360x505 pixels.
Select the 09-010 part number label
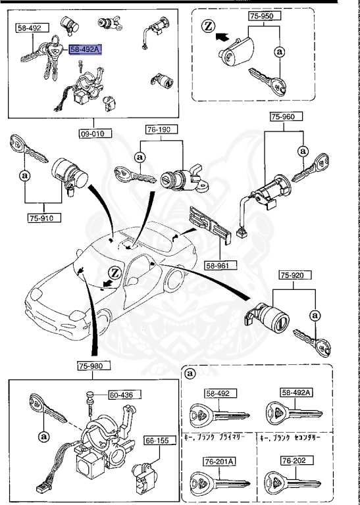[x=93, y=133]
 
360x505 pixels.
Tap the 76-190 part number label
[x=159, y=130]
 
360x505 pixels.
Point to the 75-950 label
[x=262, y=14]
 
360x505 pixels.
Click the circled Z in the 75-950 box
[x=208, y=27]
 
